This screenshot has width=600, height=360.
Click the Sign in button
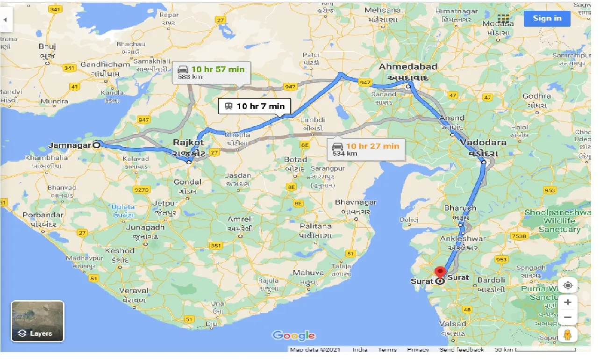547,18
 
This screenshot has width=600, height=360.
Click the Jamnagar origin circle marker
97,145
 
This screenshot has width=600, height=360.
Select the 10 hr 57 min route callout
211,72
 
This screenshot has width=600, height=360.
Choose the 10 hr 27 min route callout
366,149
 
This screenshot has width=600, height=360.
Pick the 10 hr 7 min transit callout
255,106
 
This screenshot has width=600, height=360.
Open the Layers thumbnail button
37,321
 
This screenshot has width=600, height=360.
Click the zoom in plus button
567,302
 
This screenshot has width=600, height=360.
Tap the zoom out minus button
567,317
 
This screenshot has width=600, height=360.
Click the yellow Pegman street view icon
567,335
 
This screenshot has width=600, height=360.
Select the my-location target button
567,285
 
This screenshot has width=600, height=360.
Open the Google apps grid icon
503,18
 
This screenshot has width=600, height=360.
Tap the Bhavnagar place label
355,202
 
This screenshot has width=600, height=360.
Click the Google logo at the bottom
293,335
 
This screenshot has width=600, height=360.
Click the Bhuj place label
47,46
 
